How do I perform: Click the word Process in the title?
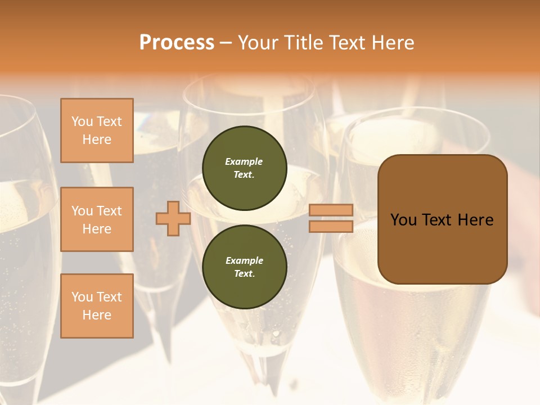(x=177, y=43)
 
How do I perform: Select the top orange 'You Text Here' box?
(x=97, y=130)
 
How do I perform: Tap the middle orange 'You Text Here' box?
(x=97, y=219)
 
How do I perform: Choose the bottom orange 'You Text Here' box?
(x=97, y=305)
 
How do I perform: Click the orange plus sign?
(x=173, y=218)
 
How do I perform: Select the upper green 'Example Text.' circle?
(x=244, y=168)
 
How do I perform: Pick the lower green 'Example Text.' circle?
(x=244, y=267)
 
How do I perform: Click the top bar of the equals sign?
(x=331, y=210)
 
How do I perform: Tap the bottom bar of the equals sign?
(x=331, y=227)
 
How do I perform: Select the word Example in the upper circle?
(x=244, y=161)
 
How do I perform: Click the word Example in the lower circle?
(x=244, y=260)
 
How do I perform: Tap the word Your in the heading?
(x=258, y=43)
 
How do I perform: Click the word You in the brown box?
(x=404, y=220)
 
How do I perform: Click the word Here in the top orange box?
(x=97, y=139)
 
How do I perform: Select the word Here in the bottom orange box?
(x=97, y=315)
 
